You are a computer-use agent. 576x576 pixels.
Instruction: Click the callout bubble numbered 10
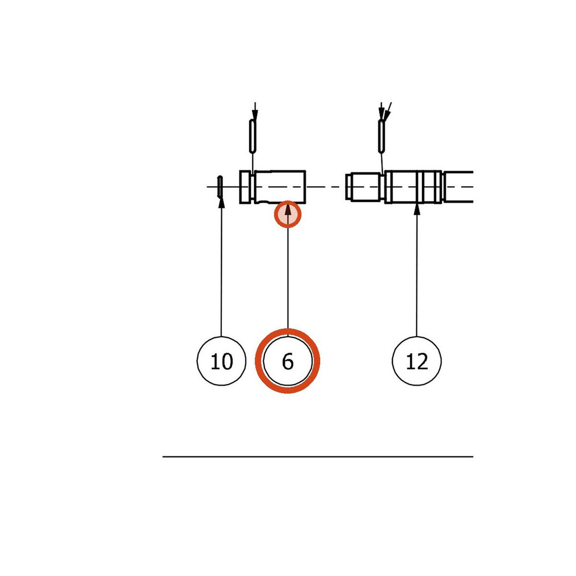[221, 361]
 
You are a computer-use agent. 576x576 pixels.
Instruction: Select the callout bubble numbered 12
[417, 361]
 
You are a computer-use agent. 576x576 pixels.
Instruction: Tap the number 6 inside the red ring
[287, 362]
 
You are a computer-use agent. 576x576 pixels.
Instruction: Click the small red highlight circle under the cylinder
[287, 214]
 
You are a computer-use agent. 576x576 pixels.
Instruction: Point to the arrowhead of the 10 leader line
[221, 203]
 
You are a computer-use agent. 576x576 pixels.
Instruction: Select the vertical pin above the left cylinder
[253, 136]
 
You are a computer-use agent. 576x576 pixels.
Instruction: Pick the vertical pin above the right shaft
[382, 136]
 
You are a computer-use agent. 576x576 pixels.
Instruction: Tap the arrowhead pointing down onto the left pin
[255, 114]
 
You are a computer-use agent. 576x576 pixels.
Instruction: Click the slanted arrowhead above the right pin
[387, 114]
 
